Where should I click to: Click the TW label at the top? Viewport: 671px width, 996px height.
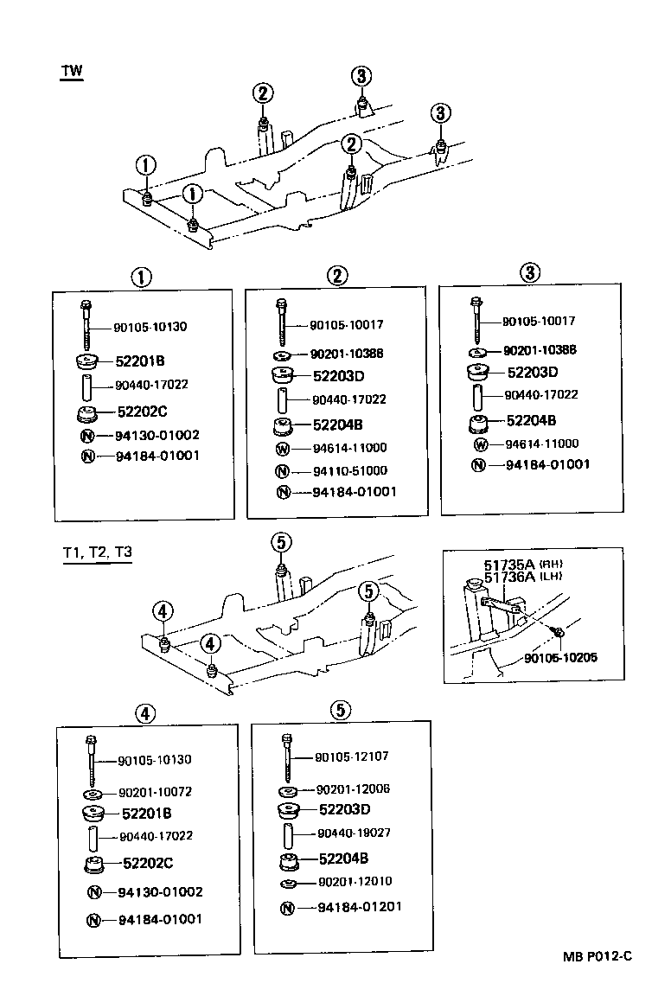(72, 71)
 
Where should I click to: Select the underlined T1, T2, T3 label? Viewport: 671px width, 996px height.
(97, 552)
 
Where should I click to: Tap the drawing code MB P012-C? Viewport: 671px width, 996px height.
(598, 955)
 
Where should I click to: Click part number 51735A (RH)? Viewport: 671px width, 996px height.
(504, 565)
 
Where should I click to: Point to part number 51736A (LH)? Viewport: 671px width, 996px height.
(504, 578)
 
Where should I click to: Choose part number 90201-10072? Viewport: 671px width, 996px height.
(155, 792)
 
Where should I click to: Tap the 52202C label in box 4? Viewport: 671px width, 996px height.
(148, 863)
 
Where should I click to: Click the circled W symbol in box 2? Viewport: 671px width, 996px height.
(282, 449)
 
